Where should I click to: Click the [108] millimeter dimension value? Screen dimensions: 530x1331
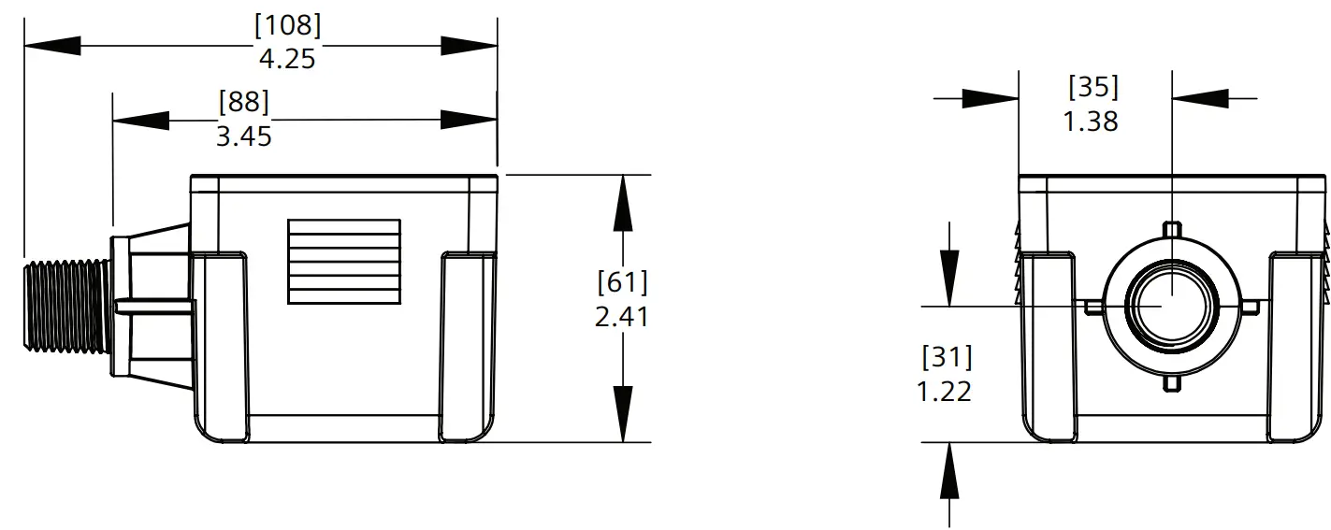(287, 26)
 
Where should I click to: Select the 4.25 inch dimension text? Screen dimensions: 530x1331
(287, 59)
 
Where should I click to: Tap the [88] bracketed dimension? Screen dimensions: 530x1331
(243, 101)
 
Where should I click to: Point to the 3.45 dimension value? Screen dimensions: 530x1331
(243, 136)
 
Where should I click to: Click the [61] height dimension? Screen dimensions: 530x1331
(622, 281)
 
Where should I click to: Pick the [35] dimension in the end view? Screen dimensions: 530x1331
(1092, 87)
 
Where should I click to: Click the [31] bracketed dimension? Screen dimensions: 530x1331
(947, 357)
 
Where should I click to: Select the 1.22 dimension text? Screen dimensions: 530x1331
(945, 391)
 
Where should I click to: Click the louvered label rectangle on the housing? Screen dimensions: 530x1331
(344, 276)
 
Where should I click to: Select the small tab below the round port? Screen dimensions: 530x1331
(1172, 384)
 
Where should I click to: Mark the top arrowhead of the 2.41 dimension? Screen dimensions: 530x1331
(622, 202)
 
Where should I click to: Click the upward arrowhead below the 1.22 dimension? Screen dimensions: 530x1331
(950, 472)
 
